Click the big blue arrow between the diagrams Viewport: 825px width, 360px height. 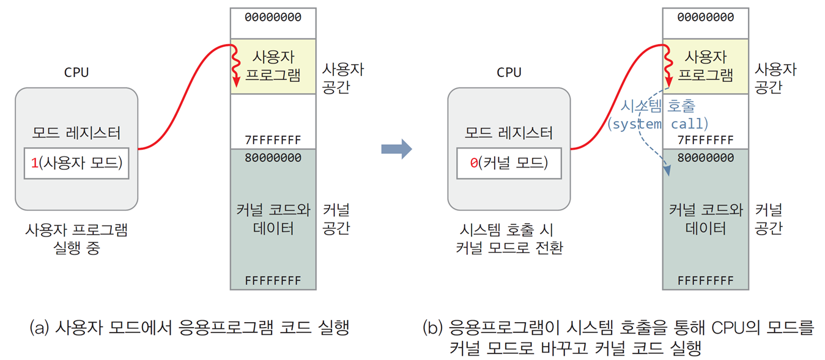click(397, 149)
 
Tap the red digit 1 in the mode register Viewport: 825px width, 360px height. click(35, 163)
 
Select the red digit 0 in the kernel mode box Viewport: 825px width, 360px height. click(473, 163)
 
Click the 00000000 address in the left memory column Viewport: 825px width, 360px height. click(273, 17)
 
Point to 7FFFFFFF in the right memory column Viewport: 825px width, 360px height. click(705, 140)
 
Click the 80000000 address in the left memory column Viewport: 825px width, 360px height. click(273, 158)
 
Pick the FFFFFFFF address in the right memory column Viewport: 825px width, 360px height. click(705, 281)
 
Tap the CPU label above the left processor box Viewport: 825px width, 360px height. click(76, 72)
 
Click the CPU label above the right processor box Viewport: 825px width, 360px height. click(509, 72)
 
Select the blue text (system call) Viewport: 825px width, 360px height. click(658, 124)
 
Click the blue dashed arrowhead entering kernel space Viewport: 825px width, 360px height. click(667, 170)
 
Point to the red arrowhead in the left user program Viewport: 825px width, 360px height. click(236, 83)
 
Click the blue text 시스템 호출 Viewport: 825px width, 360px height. click(658, 106)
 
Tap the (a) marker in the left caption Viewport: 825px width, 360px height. click(39, 328)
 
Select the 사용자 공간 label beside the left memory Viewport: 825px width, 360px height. click(342, 78)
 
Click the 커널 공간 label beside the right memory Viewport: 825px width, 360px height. click(768, 219)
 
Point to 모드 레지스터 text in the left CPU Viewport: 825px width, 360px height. click(76, 133)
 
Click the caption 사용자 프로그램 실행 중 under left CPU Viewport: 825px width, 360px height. click(76, 239)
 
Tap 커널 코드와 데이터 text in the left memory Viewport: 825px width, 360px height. click(273, 219)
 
